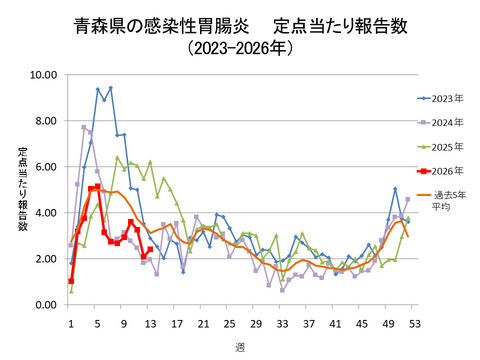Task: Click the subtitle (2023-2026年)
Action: [x=239, y=47]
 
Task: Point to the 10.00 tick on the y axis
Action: [x=45, y=75]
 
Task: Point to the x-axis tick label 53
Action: [x=414, y=323]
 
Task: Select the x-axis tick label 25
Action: [x=229, y=323]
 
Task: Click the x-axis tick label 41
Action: [x=335, y=323]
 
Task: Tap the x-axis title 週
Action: [x=239, y=346]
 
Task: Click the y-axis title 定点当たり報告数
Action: [x=22, y=189]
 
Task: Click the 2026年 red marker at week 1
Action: [x=71, y=282]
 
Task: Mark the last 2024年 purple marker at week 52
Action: [x=408, y=199]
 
